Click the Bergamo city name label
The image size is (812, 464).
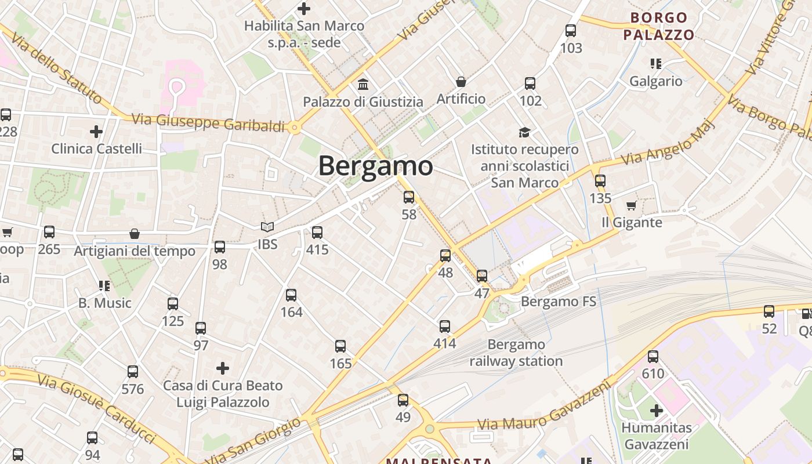375,166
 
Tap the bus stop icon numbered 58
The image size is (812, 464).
409,197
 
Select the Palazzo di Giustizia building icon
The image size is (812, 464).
363,85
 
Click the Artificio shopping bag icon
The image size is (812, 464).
461,82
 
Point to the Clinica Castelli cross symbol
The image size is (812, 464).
96,132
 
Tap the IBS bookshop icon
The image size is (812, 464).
267,227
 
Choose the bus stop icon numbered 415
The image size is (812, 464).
317,233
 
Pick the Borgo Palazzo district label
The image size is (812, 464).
659,26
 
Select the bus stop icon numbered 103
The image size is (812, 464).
571,31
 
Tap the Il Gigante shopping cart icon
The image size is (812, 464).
631,206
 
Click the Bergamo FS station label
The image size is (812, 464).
558,302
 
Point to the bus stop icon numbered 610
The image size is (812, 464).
653,357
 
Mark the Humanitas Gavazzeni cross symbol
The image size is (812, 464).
657,411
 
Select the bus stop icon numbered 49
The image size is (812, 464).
403,400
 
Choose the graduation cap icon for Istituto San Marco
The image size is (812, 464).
525,132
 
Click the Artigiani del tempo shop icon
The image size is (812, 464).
135,234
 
